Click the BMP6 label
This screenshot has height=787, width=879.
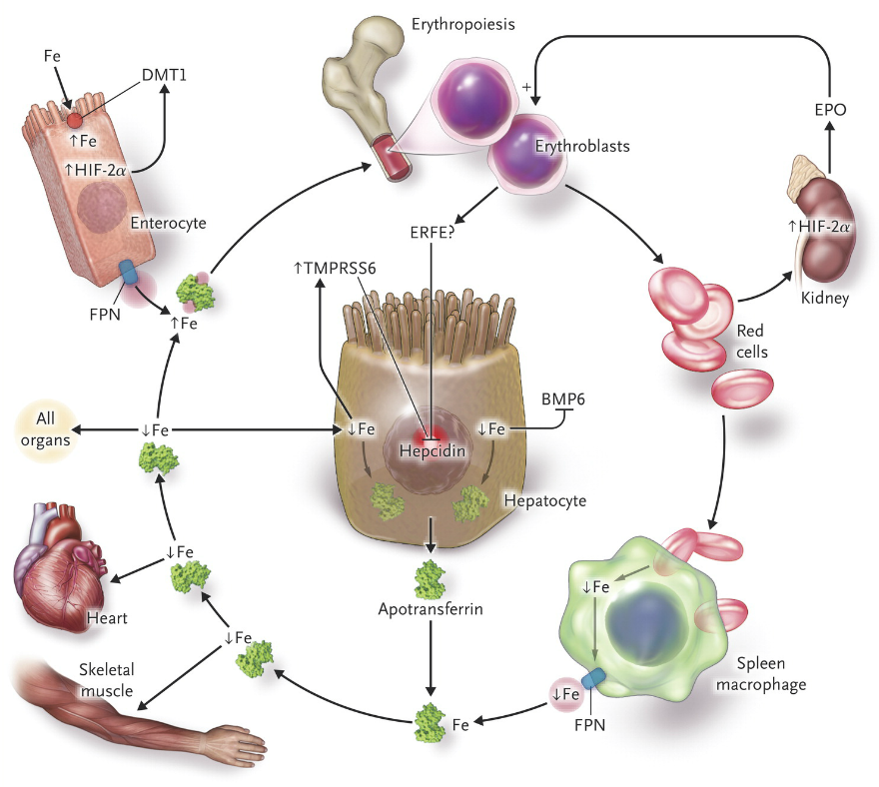[x=562, y=398]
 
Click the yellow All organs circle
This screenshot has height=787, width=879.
[x=44, y=429]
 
